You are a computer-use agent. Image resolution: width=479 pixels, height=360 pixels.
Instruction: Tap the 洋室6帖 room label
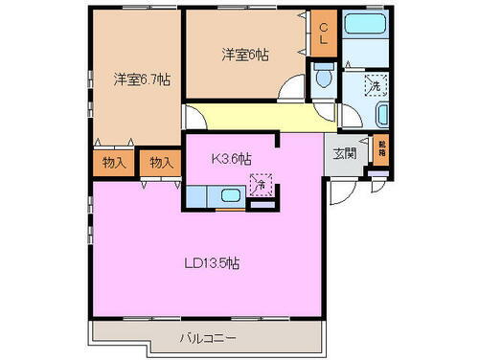245,56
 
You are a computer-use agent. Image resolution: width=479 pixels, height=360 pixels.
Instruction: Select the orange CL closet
323,37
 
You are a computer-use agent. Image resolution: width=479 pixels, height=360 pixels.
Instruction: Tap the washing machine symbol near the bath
375,83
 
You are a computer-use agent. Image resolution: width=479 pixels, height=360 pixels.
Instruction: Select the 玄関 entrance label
345,154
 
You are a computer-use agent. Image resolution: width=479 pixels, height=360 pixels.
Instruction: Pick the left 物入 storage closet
114,164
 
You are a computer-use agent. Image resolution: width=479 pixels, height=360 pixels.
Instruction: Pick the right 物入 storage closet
161,164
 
